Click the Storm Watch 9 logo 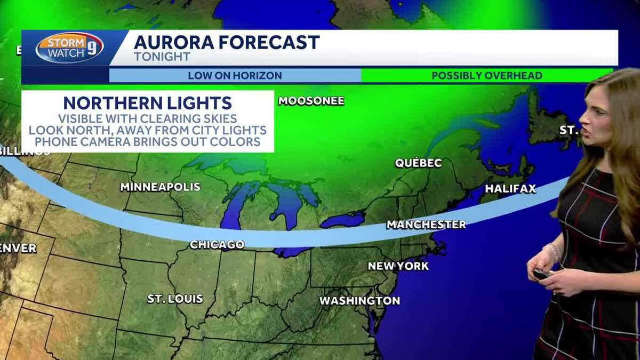tap(70, 48)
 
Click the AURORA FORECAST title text tap(227, 42)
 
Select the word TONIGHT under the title tap(162, 57)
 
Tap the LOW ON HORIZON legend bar tap(235, 76)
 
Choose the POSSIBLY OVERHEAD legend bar tap(486, 76)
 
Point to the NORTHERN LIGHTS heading tap(147, 103)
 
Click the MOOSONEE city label tap(311, 101)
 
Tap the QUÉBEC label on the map tap(419, 163)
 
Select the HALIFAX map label tap(510, 189)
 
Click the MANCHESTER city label tap(426, 225)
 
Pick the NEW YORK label tap(398, 266)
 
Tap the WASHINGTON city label tap(359, 301)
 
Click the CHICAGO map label tap(217, 245)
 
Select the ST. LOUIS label tap(175, 299)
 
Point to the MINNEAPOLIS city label tap(160, 187)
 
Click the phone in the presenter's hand tap(542, 274)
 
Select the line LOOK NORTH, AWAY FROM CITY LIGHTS tap(147, 130)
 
